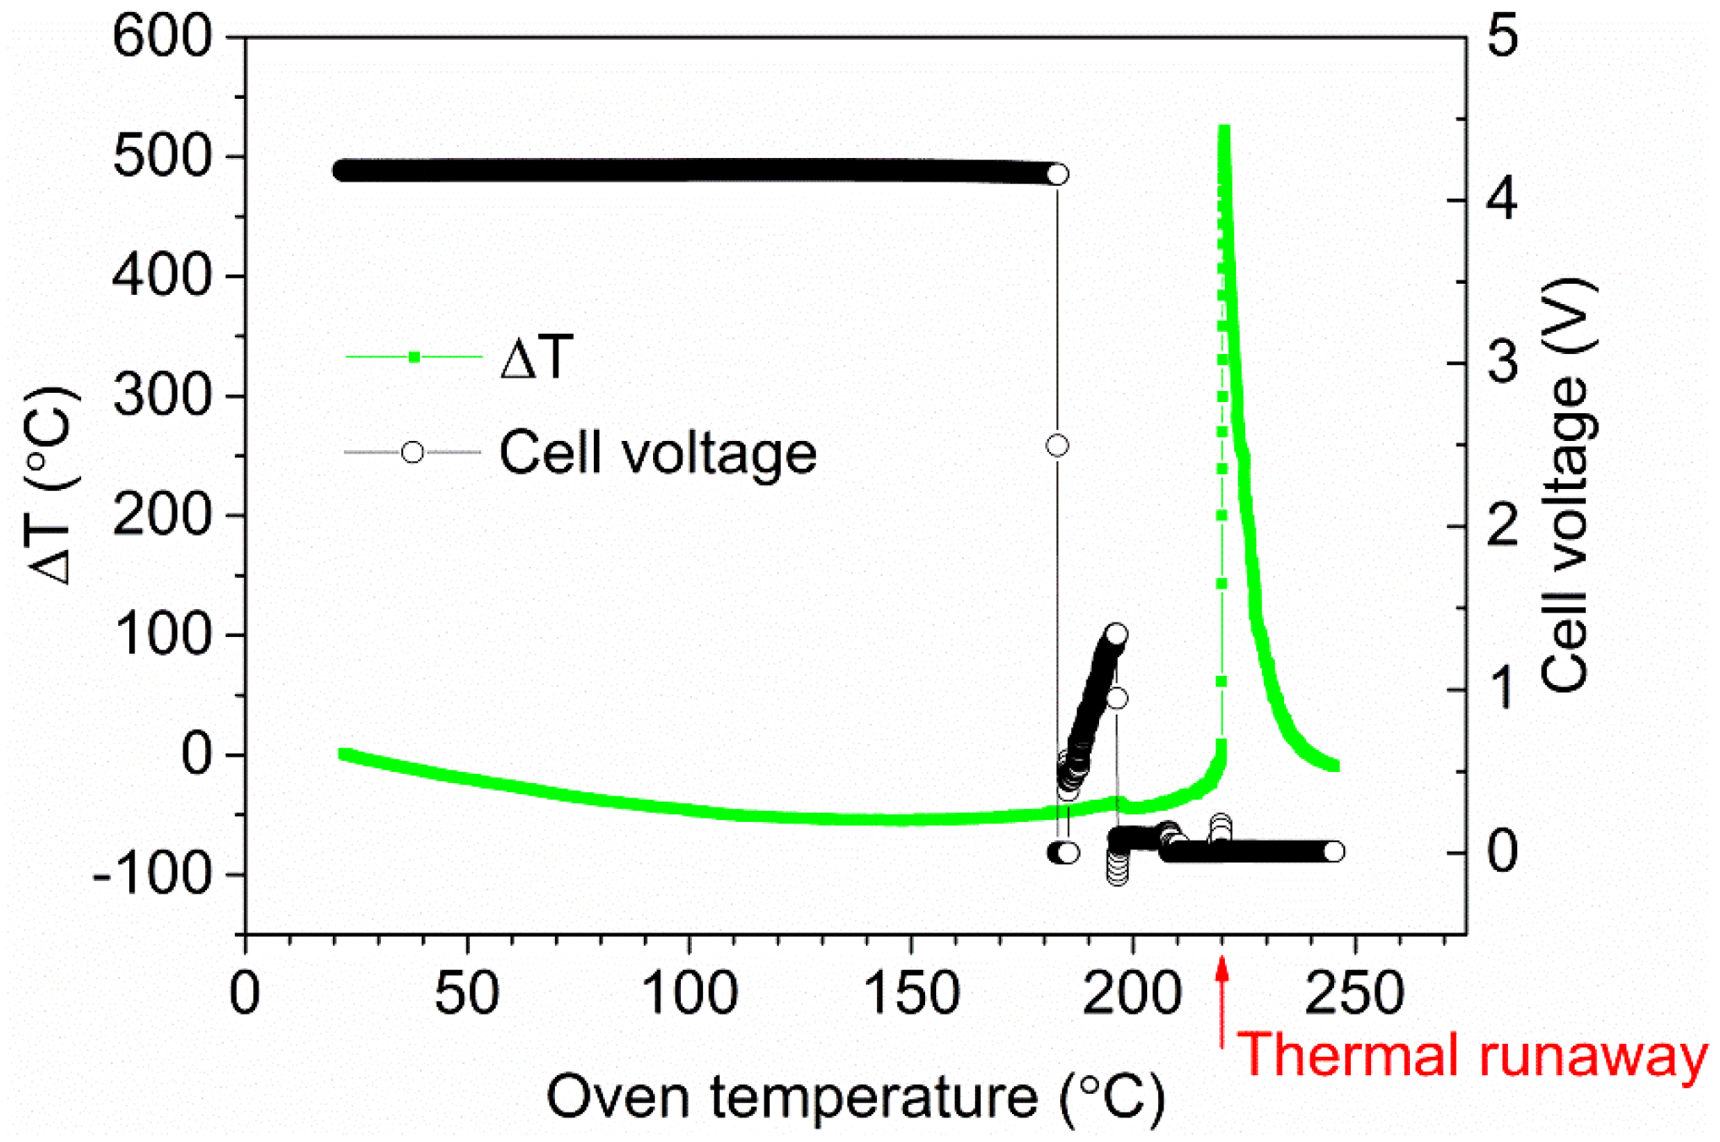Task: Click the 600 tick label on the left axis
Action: pos(161,38)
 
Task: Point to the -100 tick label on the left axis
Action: pos(152,874)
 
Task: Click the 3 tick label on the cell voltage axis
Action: pos(1502,363)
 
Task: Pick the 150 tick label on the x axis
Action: pos(912,994)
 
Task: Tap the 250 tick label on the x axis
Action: pos(1354,994)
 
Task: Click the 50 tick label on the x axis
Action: pos(466,994)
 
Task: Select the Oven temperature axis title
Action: pos(855,1097)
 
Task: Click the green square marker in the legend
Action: pos(414,357)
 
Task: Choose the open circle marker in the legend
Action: pos(412,452)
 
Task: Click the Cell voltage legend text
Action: pos(657,454)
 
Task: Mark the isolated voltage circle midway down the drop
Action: pos(1057,445)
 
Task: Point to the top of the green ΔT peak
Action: pos(1223,129)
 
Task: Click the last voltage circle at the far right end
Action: pos(1333,851)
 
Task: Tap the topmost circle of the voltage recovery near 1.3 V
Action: pos(1117,634)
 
